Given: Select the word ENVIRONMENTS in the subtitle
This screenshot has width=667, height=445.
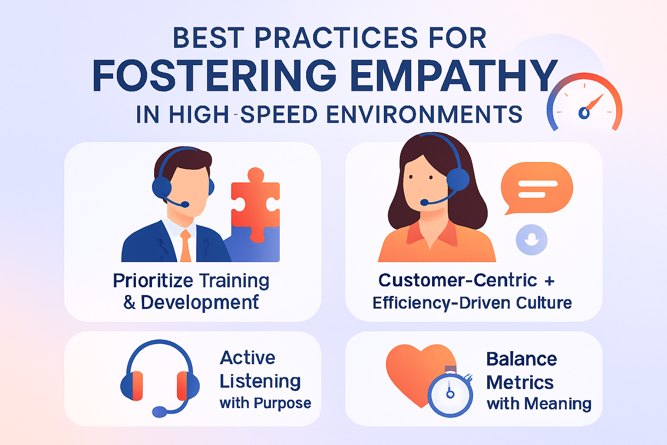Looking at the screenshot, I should (424, 114).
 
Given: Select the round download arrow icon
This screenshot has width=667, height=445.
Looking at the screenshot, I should (532, 239).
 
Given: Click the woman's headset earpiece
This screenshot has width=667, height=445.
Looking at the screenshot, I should (458, 179).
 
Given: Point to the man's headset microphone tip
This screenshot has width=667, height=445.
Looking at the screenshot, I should (185, 204).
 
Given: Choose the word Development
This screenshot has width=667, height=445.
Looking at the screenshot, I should (200, 302).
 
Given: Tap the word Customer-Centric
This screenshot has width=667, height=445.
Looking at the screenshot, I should (458, 280).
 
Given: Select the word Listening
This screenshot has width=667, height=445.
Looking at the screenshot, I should (260, 381).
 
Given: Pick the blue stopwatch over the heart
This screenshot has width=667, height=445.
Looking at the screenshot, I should (450, 393).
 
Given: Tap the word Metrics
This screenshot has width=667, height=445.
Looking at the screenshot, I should (520, 382).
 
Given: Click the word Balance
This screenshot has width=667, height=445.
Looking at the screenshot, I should (522, 359).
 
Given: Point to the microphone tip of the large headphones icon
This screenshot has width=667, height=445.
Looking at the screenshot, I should (159, 412).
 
